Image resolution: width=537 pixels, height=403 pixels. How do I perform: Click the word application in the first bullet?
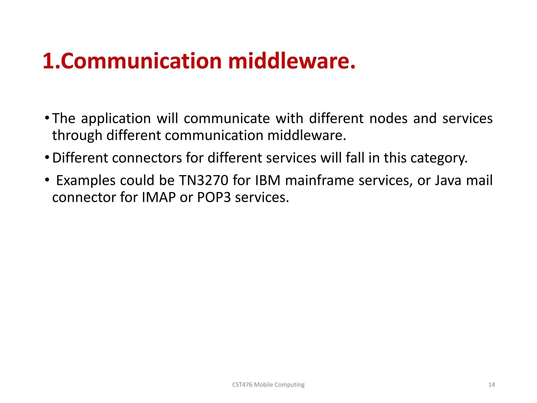click(116, 119)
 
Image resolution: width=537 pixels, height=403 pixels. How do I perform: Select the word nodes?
click(388, 119)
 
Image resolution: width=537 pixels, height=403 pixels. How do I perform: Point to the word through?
click(77, 136)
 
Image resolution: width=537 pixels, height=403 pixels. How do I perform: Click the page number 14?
click(491, 385)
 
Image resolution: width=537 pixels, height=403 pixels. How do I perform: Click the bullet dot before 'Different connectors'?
click(47, 157)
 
